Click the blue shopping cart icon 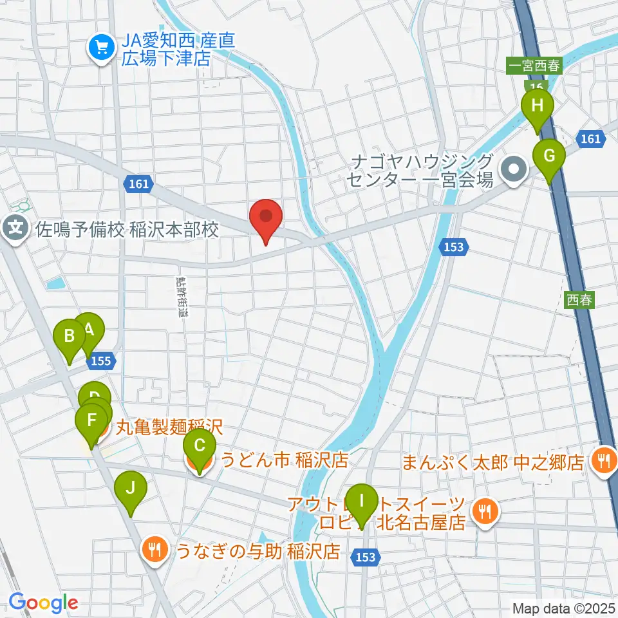click(x=101, y=46)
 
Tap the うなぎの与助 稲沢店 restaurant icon click(x=153, y=549)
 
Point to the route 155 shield click(x=101, y=361)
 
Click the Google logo click(x=43, y=603)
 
